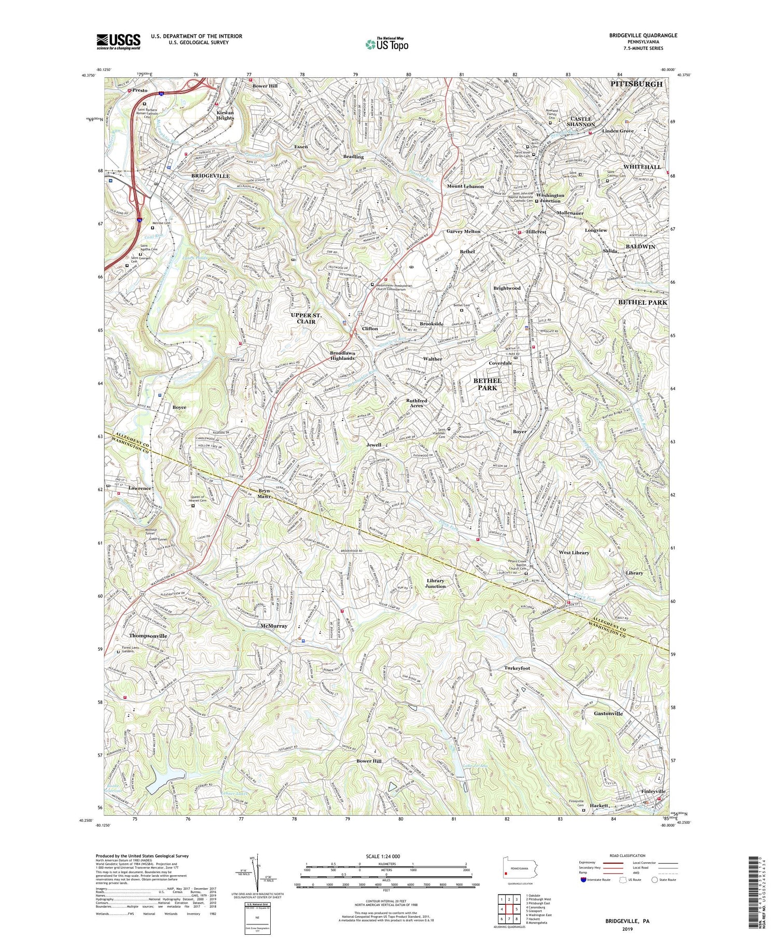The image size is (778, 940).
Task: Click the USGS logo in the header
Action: coord(118,41)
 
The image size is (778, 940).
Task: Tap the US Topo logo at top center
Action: coord(386,44)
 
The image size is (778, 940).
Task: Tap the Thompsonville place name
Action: coord(148,635)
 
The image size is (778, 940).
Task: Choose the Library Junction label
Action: coord(436,583)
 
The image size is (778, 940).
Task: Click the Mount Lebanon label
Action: coord(465,186)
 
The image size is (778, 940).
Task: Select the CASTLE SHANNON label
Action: coord(580,121)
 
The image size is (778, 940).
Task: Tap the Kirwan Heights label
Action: coord(225,115)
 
